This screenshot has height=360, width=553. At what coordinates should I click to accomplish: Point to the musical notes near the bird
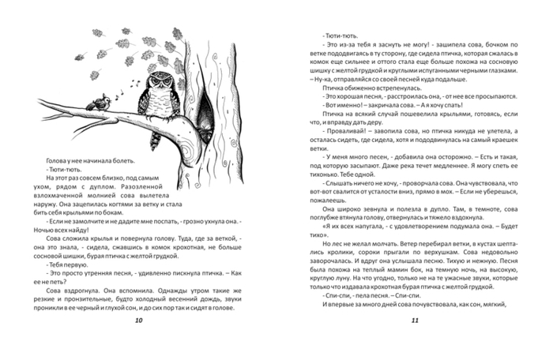click(x=117, y=92)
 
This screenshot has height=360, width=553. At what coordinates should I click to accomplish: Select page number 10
click(x=139, y=320)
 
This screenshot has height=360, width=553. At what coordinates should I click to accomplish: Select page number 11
click(x=416, y=320)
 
